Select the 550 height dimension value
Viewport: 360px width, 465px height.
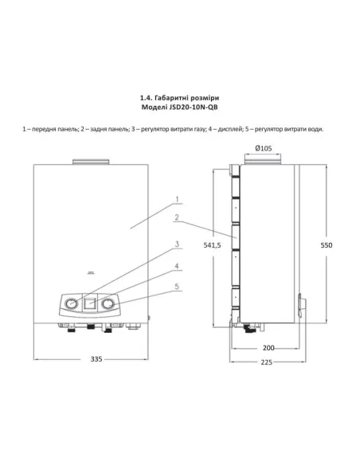tap(327, 246)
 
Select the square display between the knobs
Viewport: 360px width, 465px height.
tap(90, 303)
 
